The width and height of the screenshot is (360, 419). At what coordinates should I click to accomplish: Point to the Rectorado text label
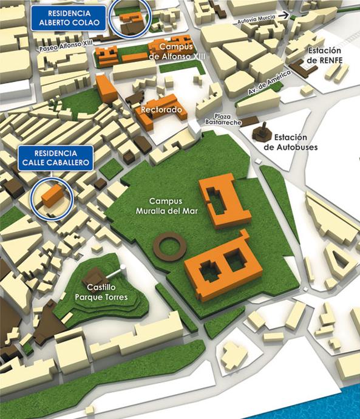(161, 110)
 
